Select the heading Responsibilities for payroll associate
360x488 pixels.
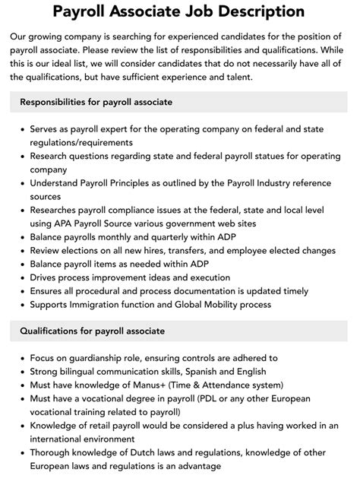[96, 102]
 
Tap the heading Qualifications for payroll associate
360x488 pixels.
[93, 331]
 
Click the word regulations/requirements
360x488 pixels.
[81, 142]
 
